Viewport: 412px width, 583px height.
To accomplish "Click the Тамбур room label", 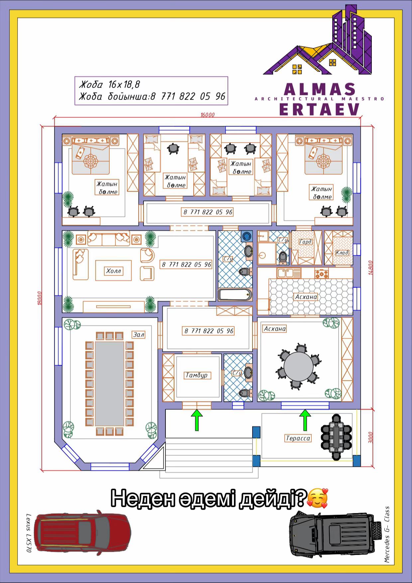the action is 197,375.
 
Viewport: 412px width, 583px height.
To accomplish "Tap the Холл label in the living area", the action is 113,271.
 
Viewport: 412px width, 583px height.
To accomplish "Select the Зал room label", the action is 139,335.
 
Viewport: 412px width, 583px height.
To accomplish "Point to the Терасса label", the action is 298,438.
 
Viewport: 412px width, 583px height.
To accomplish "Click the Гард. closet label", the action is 305,242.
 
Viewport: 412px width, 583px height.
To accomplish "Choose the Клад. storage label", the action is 342,253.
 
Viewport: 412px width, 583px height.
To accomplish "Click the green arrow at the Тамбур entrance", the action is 197,420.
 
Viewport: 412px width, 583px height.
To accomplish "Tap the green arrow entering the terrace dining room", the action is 305,420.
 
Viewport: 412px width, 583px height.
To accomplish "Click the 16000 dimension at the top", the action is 208,115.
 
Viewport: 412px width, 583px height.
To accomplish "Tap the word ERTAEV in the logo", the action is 320,109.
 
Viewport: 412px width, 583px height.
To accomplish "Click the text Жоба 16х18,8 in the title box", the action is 109,84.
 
